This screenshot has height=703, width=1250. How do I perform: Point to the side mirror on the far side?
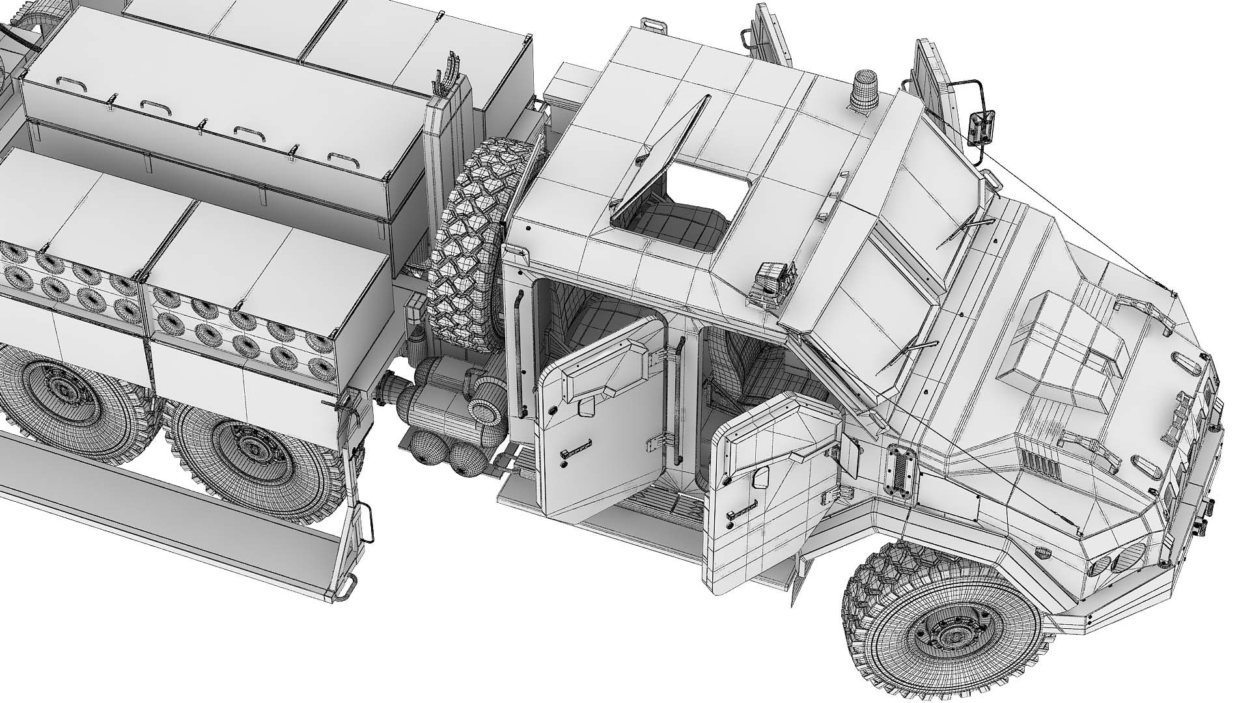pos(980,128)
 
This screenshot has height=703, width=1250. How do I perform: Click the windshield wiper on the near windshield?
pos(905,348)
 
